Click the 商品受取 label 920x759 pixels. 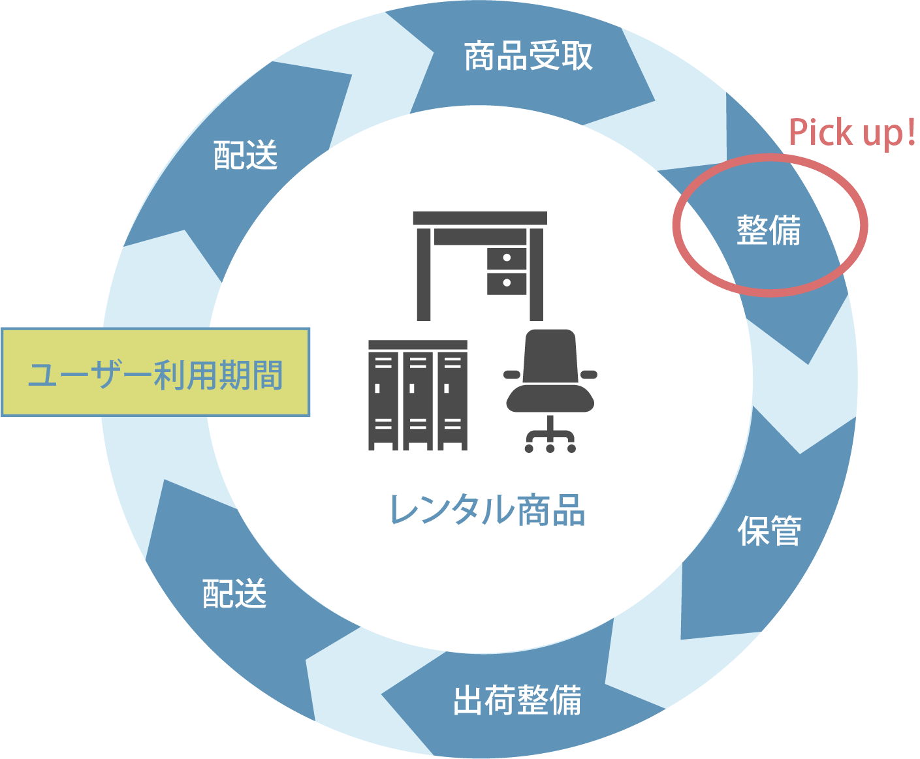point(528,57)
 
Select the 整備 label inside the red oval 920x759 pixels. point(769,230)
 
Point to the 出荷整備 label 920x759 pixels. point(517,700)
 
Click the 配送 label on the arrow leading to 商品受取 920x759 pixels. point(246,155)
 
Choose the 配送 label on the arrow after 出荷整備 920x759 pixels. point(234,594)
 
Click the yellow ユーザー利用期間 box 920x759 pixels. point(155,373)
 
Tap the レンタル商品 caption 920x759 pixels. point(487,510)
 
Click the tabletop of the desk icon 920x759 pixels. point(479,219)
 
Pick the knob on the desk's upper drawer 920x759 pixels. point(507,258)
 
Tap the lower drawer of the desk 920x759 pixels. point(507,283)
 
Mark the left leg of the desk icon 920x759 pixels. point(424,274)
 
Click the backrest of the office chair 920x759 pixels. point(550,356)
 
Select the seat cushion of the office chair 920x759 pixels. point(550,399)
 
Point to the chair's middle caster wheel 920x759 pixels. point(550,448)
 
